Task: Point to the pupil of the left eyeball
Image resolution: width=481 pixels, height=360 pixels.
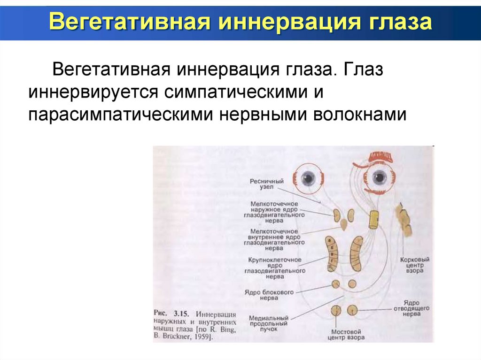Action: [308, 178]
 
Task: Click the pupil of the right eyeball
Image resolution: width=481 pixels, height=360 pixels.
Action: [379, 177]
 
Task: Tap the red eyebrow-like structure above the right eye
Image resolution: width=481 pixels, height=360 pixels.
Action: [379, 157]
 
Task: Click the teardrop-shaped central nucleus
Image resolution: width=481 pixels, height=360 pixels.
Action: [345, 224]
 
